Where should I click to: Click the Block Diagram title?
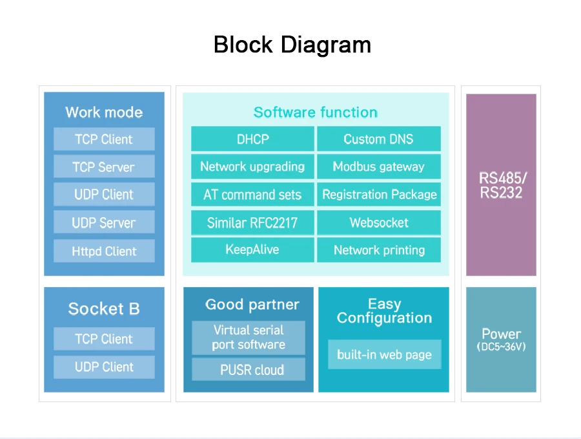pos(292,45)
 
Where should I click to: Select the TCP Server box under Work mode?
pos(104,167)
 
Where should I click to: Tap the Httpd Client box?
pos(104,251)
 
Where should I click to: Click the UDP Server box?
pos(104,222)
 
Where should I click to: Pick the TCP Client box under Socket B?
pos(104,338)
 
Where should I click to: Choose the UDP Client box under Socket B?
pos(104,367)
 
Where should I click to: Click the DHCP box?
pos(252,139)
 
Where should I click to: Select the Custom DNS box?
pos(379,139)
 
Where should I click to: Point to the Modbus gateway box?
pos(379,167)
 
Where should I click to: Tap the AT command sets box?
pos(252,195)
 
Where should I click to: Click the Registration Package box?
pos(379,195)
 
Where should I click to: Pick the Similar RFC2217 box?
pos(252,222)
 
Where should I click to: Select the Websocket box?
pos(379,222)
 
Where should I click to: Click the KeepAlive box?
pos(252,250)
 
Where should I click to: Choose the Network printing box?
pos(379,250)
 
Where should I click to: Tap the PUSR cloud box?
pos(249,369)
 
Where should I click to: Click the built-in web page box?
pos(385,354)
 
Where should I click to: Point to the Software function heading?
pos(316,112)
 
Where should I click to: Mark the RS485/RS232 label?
pos(502,185)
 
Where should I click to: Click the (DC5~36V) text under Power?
pos(502,347)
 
